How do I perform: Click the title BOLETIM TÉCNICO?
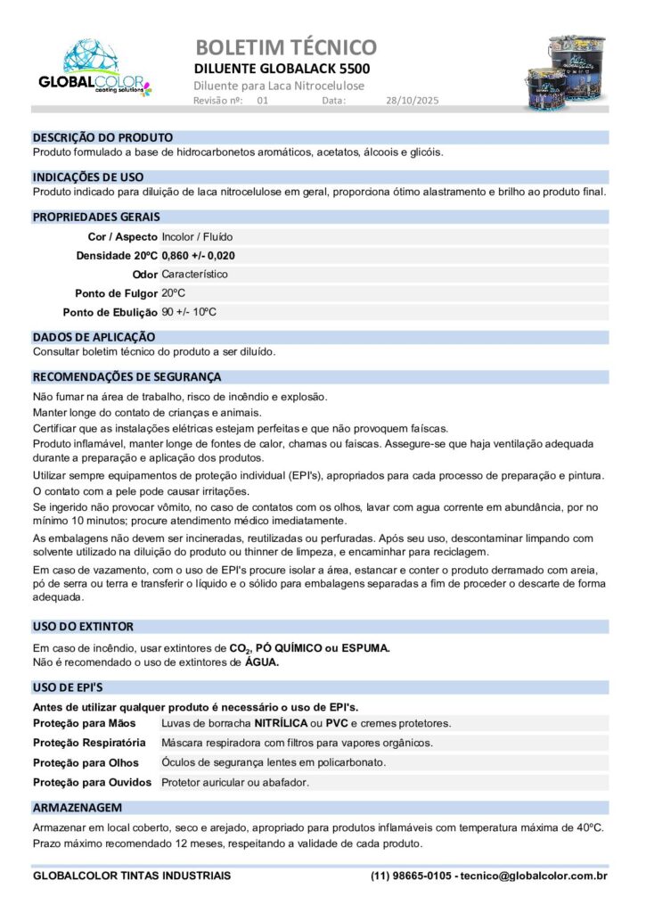[285, 46]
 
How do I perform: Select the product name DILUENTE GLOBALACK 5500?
[282, 69]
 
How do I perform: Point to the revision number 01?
[263, 101]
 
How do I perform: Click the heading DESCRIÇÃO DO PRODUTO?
[102, 138]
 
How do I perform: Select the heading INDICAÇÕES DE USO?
[88, 177]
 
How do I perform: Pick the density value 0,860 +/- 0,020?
[199, 256]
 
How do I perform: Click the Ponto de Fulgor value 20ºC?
[174, 293]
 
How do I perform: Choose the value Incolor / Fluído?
[198, 237]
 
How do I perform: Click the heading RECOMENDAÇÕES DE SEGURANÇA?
[127, 377]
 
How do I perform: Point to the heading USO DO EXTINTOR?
[83, 627]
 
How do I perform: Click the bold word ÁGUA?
[262, 662]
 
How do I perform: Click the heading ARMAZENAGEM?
[78, 807]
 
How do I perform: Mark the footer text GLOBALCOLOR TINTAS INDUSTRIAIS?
[132, 876]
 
